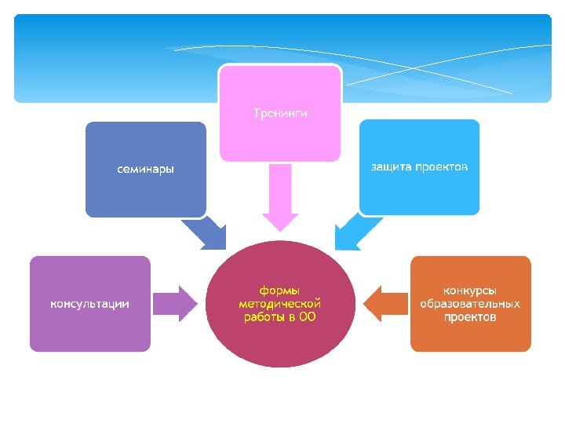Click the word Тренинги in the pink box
(280, 114)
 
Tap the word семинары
(146, 169)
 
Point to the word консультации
(90, 304)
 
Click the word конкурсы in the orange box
(470, 291)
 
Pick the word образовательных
(470, 304)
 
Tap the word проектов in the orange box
(470, 317)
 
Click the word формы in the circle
(280, 291)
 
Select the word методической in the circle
(280, 304)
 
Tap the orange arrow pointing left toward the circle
(382, 303)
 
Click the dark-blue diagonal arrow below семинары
(206, 233)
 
